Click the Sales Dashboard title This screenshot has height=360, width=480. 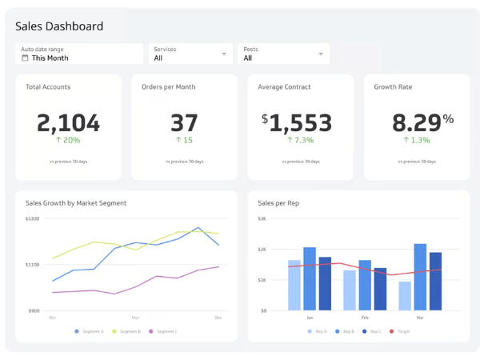coord(59,26)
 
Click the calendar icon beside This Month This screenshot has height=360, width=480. coord(25,58)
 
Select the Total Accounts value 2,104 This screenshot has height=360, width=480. coord(69,122)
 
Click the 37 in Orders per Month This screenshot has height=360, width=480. coord(184,122)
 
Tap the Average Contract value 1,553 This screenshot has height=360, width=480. coord(300,122)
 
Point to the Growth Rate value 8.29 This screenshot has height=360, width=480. coord(416,122)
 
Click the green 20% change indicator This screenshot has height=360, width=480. coord(69,140)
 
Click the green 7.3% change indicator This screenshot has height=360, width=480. coord(300,140)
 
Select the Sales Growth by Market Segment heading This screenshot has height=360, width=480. coord(76,203)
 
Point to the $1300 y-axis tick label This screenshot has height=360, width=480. coord(32,218)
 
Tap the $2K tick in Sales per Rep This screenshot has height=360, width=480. coord(262,250)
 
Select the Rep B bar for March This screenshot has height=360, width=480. coord(420,277)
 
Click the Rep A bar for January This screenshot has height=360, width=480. coord(294,285)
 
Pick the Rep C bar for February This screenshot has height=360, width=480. coord(380,289)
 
